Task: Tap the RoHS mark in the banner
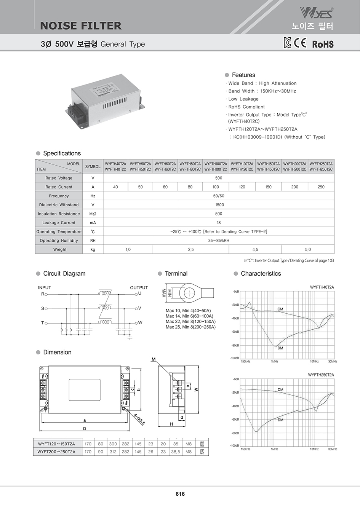point(323,44)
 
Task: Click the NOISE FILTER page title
point(81,26)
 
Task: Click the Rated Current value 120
point(242,187)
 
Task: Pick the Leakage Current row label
point(59,223)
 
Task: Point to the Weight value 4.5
point(255,250)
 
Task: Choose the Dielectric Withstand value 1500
point(219,205)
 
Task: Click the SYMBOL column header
point(93,166)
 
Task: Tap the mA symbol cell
point(93,223)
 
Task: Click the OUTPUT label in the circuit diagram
point(139,288)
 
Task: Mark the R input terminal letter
point(43,294)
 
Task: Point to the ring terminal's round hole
point(189,293)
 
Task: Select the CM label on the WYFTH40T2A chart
point(280,309)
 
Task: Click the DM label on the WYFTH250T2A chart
point(280,420)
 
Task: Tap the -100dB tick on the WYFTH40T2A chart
point(234,358)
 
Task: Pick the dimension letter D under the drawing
point(85,428)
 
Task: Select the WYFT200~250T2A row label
point(56,452)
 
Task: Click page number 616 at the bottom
point(180,494)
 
